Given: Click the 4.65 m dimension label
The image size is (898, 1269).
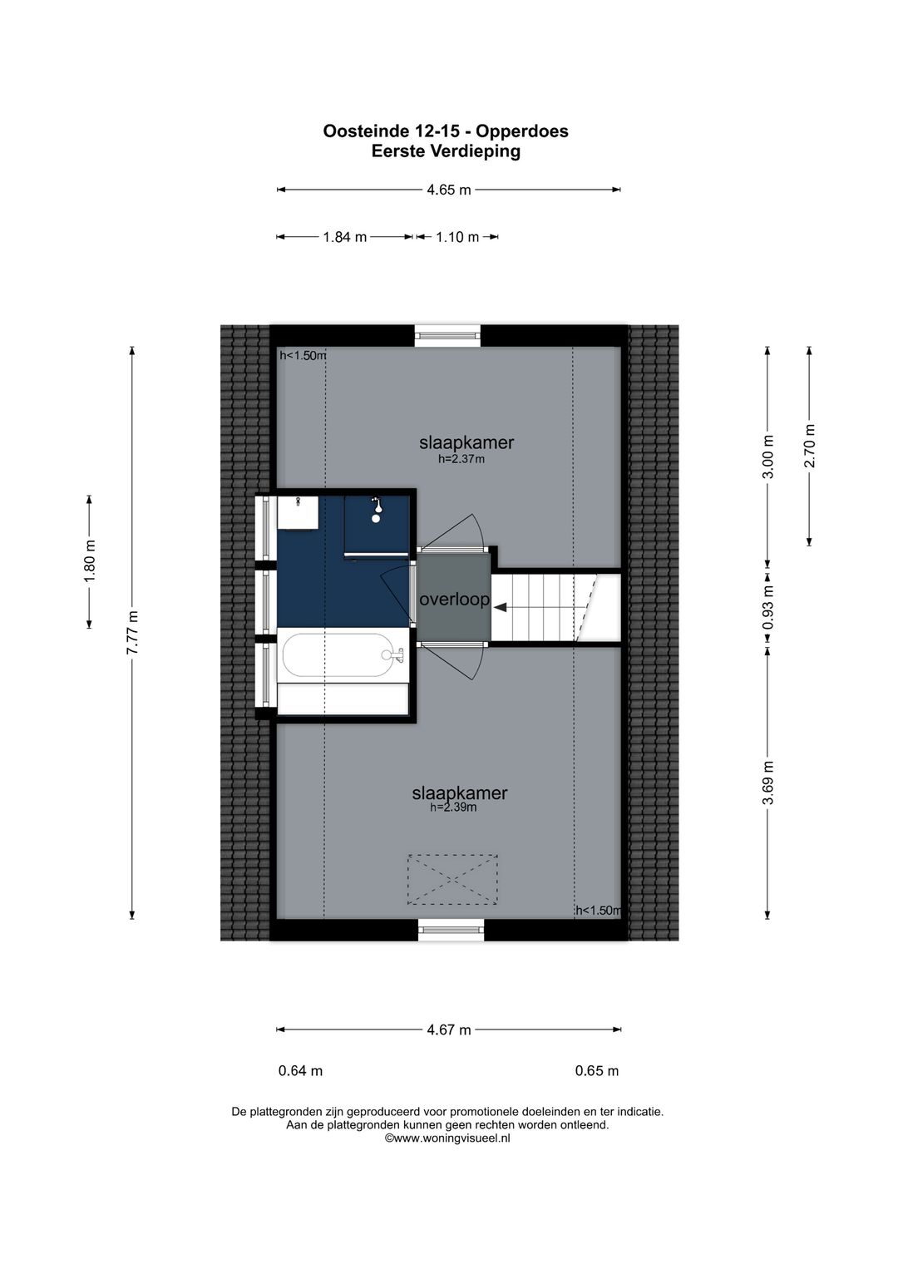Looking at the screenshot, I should point(449,190).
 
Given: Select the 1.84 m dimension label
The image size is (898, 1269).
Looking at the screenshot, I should point(345,237).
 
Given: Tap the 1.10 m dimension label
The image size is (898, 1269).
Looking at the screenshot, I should point(457,237).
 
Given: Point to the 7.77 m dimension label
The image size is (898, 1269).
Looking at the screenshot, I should point(132,632).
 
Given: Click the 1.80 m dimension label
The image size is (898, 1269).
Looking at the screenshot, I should point(90,561).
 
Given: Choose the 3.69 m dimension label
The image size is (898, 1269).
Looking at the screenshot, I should point(768,783).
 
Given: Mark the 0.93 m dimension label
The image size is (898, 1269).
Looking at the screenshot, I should point(768,607).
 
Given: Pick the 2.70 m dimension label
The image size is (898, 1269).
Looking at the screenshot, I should point(810,446).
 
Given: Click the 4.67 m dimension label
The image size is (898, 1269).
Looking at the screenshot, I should point(449,1030).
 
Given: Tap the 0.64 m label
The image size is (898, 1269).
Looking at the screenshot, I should point(300,1071).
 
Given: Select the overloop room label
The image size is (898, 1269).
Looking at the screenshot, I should point(454,600).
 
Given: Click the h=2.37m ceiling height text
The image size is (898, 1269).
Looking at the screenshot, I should point(461,458).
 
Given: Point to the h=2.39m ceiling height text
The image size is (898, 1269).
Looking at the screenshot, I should point(453,807).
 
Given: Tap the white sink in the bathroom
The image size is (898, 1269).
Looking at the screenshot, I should point(298,512).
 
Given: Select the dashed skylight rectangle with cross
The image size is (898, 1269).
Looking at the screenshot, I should point(452,879).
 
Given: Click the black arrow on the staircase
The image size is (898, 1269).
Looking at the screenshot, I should point(501,608).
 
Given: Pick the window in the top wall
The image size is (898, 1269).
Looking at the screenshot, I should point(448,335).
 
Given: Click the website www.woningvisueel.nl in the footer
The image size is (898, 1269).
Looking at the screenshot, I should point(447,1138).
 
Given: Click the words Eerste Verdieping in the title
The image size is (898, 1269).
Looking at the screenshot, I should point(446,151).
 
